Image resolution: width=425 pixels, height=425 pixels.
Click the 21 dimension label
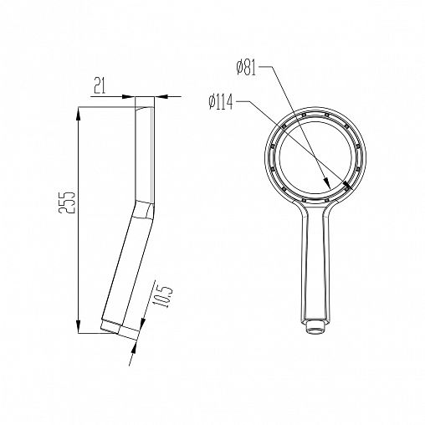click(x=100, y=87)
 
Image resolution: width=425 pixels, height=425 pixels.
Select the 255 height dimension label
click(x=67, y=202)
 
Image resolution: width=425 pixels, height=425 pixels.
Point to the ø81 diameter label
click(x=246, y=69)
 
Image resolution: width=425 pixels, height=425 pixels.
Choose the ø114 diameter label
click(x=221, y=102)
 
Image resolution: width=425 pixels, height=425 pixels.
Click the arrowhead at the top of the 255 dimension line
click(x=79, y=114)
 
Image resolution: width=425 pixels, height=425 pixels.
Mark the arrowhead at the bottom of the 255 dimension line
click(x=79, y=326)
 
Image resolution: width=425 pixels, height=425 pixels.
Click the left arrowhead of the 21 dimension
click(x=129, y=97)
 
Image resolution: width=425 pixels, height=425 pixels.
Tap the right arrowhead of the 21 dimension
click(x=161, y=97)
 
